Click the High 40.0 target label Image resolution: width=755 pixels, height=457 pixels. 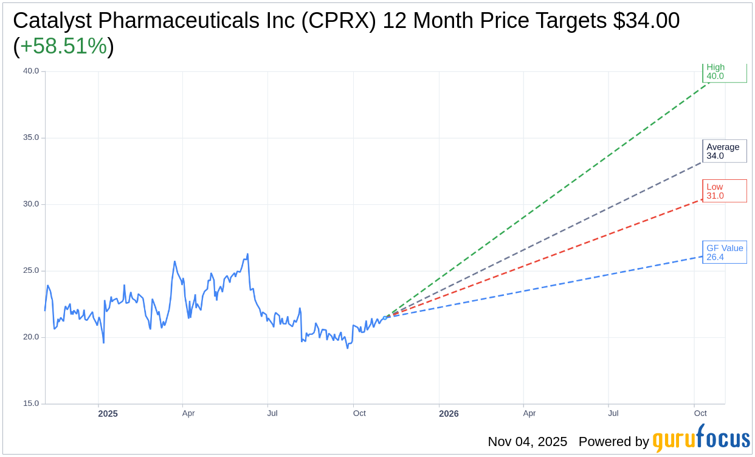coord(724,72)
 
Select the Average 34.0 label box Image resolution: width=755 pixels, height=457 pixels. coord(724,151)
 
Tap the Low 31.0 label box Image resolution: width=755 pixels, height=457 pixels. coord(724,191)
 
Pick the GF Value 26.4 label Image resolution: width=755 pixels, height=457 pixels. coord(724,252)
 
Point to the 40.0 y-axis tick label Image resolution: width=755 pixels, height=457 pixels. coord(31,71)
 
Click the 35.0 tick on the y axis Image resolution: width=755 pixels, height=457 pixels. coord(31,137)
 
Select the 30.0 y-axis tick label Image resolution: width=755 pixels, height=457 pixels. coord(31,204)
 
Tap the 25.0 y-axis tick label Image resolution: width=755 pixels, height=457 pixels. coord(31,270)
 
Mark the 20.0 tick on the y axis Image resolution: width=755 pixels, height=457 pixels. coord(31,337)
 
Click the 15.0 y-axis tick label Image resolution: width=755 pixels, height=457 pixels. coord(31,404)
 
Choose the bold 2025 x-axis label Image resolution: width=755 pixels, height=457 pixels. coord(108,414)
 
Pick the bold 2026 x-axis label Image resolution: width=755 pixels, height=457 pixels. coord(449,414)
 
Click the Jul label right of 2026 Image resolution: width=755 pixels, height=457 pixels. coord(613,413)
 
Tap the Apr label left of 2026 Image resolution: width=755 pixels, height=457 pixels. coord(188,413)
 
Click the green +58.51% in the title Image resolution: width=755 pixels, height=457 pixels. coord(64,47)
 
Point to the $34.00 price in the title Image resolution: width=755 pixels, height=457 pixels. coord(646,21)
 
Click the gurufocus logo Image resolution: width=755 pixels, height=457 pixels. coord(701,439)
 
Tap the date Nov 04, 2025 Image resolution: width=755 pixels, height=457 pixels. coord(527,442)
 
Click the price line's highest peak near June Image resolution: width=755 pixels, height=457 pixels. coord(247,254)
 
